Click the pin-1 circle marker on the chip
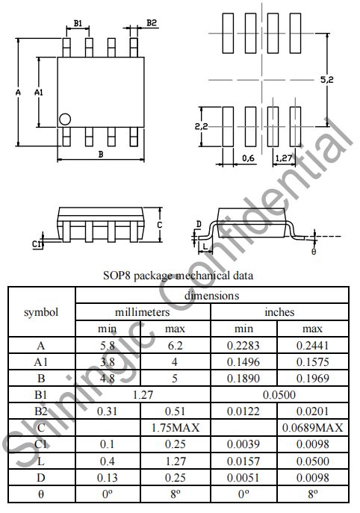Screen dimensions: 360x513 pos(65,119)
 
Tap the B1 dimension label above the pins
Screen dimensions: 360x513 pos(78,23)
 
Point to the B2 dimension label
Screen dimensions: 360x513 pos(152,23)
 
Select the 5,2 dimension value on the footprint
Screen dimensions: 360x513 pos(326,79)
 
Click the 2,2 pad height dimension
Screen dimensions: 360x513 pos(201,126)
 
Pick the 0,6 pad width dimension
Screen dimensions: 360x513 pos(248,158)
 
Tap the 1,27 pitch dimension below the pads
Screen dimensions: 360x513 pos(283,158)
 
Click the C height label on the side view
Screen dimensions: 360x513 pos(159,225)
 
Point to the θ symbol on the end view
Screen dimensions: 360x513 pos(314,252)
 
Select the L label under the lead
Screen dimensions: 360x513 pos(205,246)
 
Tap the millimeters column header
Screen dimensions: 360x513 pos(143,312)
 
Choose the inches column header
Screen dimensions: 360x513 pos(279,312)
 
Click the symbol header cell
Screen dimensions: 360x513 pos(41,312)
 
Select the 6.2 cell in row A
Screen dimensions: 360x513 pos(175,346)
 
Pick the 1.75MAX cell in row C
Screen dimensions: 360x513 pos(176,428)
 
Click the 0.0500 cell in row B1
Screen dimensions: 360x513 pos(279,395)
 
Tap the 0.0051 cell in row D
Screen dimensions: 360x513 pos(243,478)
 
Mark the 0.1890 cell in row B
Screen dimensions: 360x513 pos(243,379)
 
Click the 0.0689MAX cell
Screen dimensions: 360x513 pos(312,428)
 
